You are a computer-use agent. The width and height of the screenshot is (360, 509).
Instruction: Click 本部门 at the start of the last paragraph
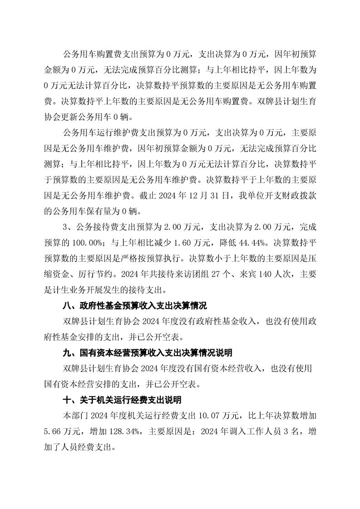coord(75,414)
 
